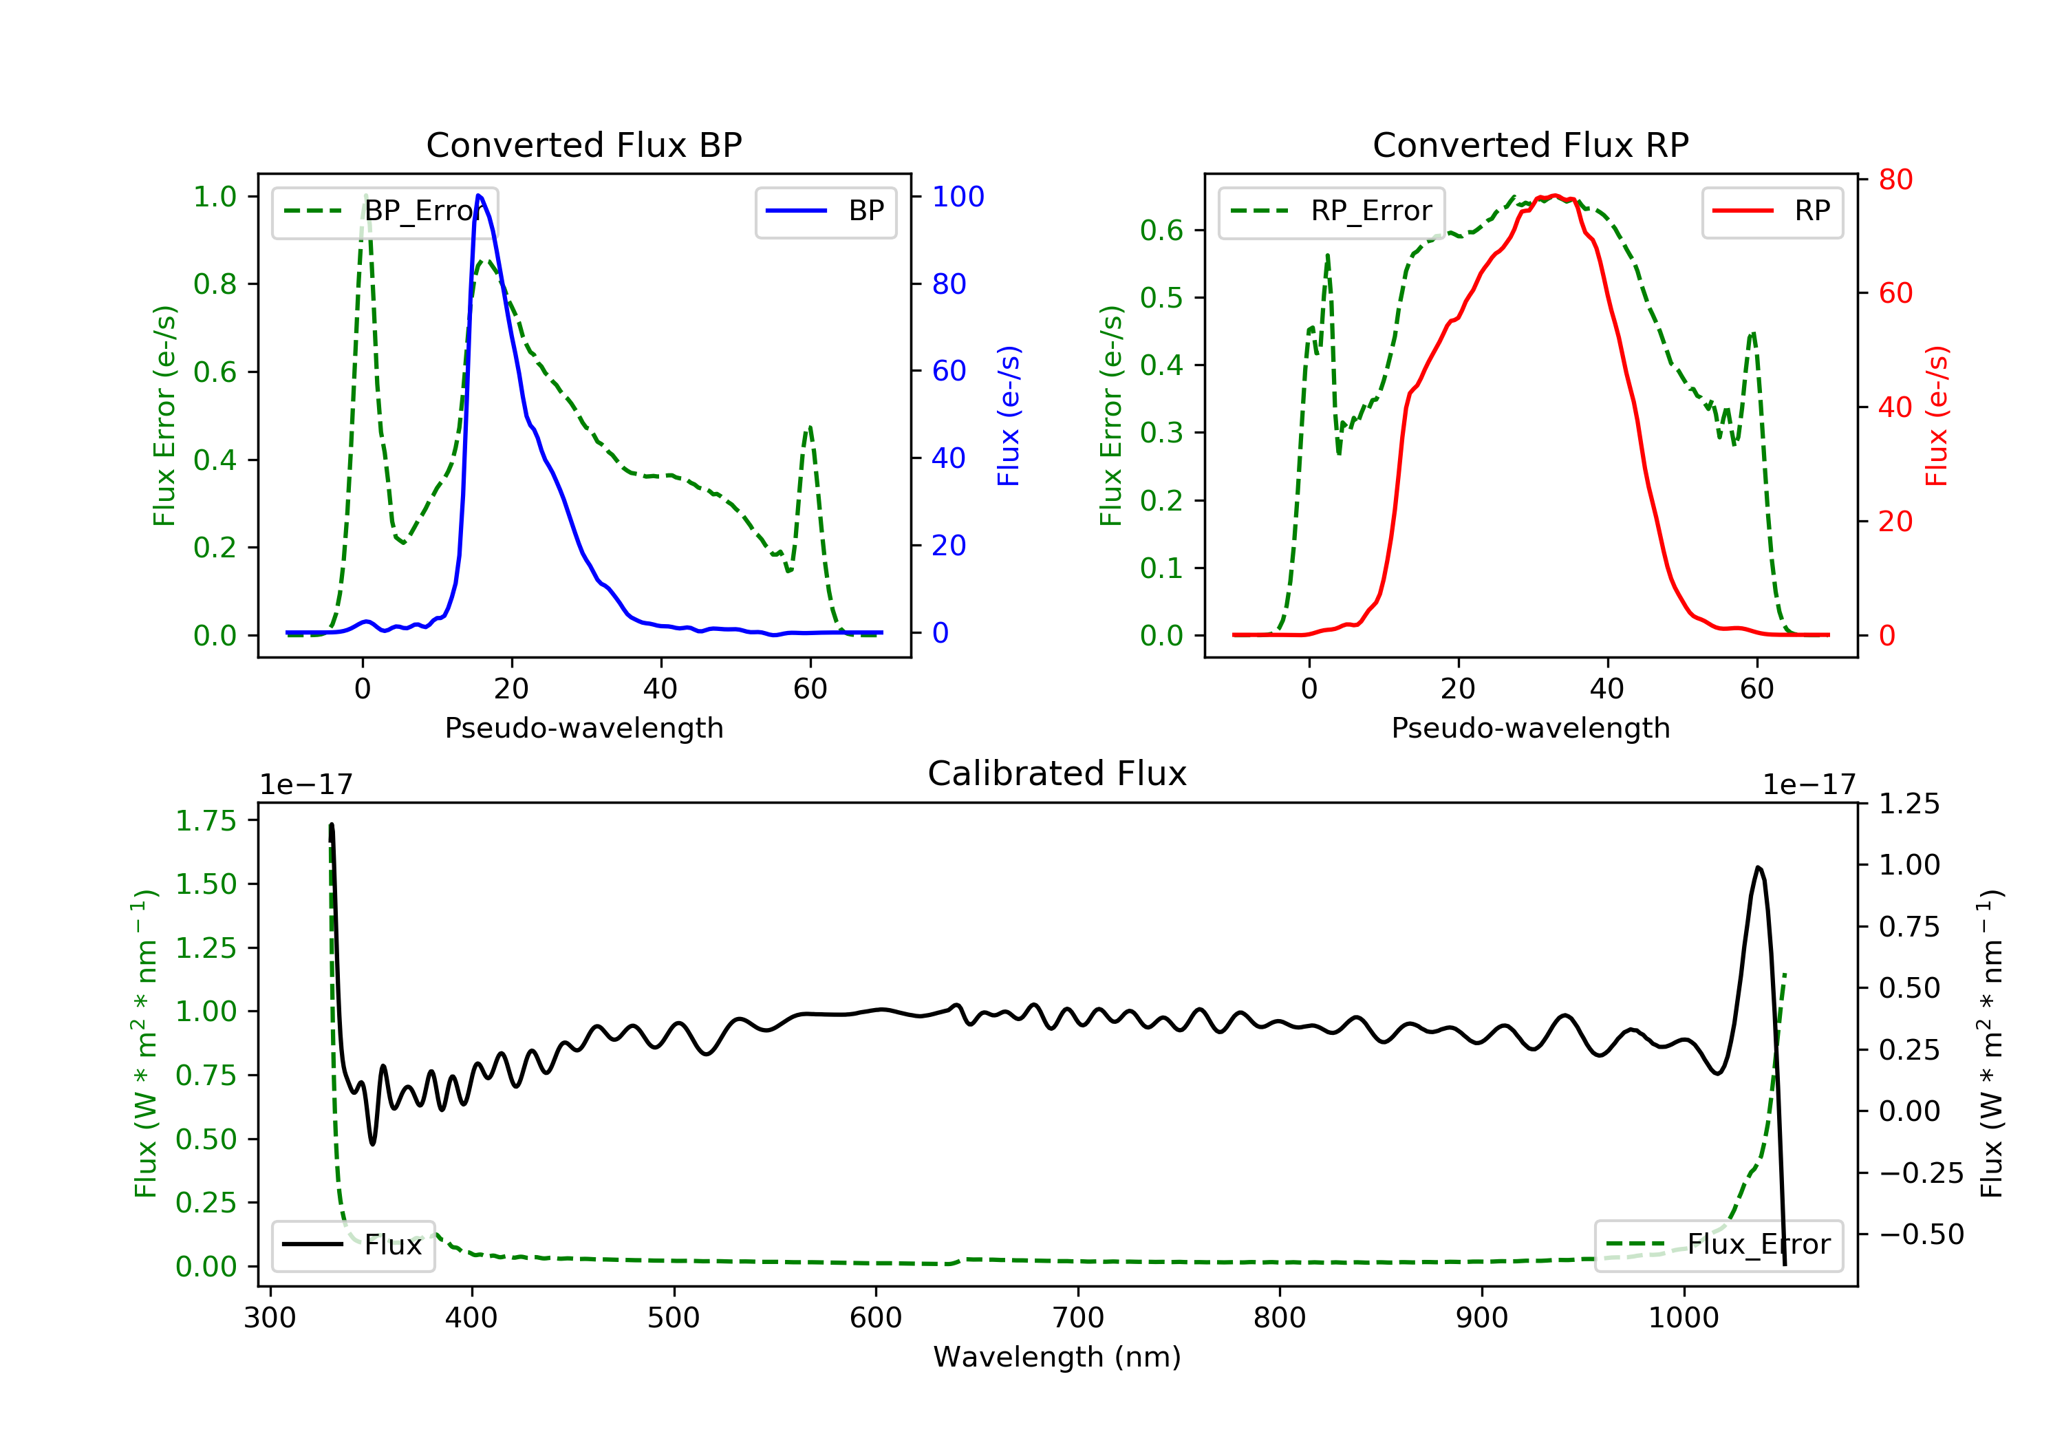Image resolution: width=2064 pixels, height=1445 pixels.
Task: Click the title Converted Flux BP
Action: tap(583, 144)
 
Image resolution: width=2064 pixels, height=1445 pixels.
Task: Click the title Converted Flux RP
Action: tap(1530, 144)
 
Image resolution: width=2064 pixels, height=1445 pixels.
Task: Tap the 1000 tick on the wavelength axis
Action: tap(1683, 1318)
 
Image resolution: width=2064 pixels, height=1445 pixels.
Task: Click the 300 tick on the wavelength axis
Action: tap(270, 1318)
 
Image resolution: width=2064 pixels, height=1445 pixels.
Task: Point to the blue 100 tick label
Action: tap(958, 197)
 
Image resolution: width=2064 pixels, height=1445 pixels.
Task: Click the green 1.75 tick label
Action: tap(206, 821)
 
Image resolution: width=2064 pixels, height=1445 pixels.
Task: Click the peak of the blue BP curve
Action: tap(478, 196)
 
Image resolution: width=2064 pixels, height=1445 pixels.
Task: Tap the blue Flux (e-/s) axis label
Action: tap(1009, 416)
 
